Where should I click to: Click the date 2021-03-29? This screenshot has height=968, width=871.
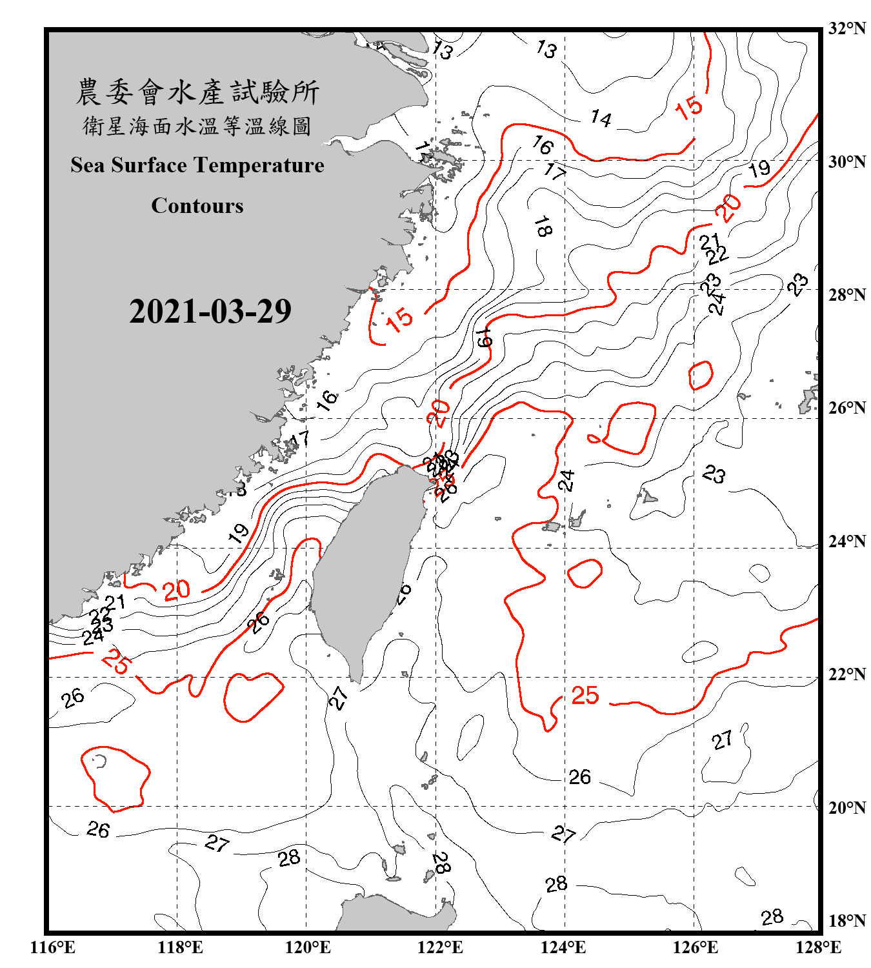click(x=210, y=312)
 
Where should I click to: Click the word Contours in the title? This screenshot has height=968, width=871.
click(x=197, y=206)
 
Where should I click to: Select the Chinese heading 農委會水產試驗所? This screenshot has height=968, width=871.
click(x=197, y=92)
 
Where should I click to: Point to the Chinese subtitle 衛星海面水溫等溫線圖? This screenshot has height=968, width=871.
click(x=197, y=126)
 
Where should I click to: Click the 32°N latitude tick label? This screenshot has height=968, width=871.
click(x=846, y=28)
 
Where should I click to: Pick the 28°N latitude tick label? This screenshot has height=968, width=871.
click(x=846, y=294)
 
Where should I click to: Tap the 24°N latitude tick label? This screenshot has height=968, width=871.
click(x=846, y=541)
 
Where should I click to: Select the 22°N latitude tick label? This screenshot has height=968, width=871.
click(x=846, y=674)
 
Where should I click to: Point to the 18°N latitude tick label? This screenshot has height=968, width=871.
click(x=846, y=920)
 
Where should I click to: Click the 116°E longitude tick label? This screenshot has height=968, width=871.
click(x=52, y=947)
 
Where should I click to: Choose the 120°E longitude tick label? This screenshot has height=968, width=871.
click(x=308, y=947)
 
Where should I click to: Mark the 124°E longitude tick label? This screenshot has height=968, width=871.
click(x=563, y=947)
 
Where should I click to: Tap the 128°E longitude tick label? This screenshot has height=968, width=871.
click(x=818, y=947)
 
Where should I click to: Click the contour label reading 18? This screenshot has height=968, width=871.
click(x=543, y=227)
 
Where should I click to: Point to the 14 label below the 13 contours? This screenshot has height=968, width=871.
click(x=601, y=118)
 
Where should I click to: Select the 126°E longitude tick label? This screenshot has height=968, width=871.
click(x=695, y=947)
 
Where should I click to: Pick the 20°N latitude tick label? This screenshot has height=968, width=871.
click(x=846, y=807)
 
